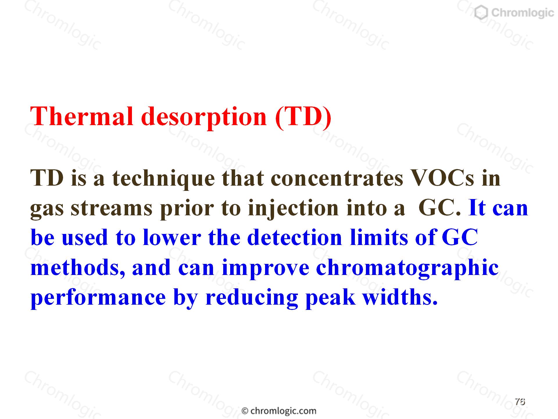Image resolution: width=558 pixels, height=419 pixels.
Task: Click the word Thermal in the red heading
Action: (x=82, y=116)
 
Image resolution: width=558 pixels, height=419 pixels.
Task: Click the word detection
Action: (x=294, y=237)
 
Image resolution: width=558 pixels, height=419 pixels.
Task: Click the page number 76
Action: (x=520, y=402)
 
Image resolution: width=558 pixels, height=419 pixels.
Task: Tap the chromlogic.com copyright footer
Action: (x=279, y=411)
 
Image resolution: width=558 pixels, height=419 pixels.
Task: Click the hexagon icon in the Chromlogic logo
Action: (x=481, y=13)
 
